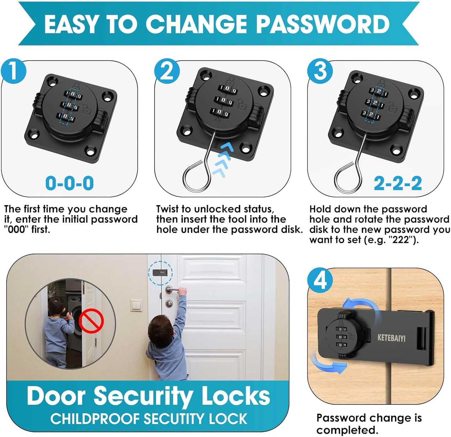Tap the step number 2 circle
click(168, 71)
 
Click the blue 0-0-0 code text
click(69, 183)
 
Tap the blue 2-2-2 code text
click(398, 183)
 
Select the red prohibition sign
click(91, 321)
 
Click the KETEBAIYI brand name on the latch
click(391, 338)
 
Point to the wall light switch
click(136, 305)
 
